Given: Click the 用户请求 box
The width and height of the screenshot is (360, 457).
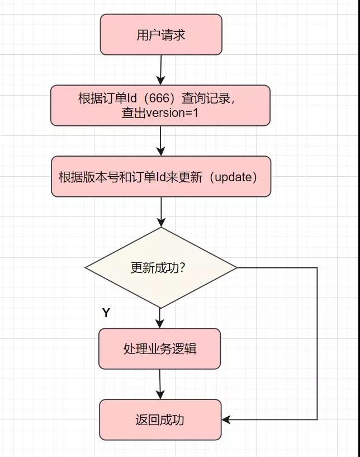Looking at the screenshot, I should point(161,35).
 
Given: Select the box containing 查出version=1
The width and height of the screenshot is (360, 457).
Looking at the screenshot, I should point(160,105).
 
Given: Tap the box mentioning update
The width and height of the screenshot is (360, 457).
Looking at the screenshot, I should point(161,177).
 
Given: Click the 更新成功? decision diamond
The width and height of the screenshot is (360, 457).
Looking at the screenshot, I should point(160,267).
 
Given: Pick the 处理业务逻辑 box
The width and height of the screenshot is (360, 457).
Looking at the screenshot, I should point(160,348).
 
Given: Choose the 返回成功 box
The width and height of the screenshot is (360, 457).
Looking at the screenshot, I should point(160,420).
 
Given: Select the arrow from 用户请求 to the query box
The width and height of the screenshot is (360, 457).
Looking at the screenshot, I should point(160,70).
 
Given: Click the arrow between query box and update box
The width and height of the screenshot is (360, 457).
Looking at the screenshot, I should point(161,140).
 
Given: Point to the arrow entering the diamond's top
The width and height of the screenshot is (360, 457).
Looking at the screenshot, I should point(161,212).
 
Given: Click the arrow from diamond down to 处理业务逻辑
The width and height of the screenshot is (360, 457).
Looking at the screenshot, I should point(160,318).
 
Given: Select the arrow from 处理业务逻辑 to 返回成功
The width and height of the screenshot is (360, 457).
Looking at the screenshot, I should point(160,384).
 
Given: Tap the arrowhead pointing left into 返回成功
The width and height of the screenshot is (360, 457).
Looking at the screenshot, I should point(226,420).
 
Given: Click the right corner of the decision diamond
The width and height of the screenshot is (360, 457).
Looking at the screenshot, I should point(236,267).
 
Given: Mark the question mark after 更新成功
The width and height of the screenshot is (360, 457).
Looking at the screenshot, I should point(182,268).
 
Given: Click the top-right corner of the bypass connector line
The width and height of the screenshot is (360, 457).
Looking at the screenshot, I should point(317,268).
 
